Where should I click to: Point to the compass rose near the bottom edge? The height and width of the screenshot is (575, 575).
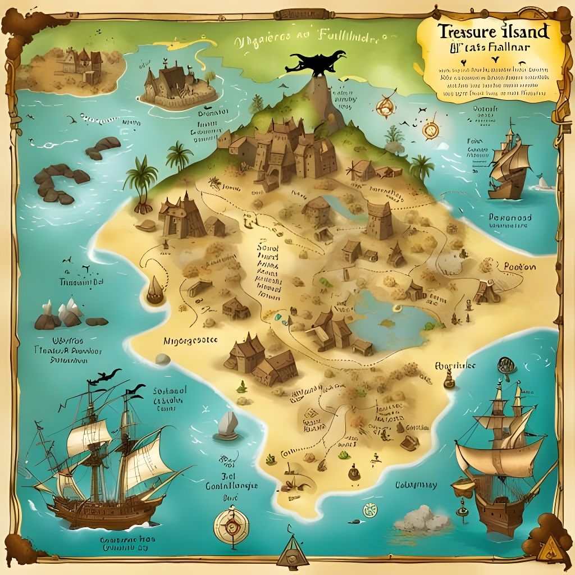click(x=230, y=526)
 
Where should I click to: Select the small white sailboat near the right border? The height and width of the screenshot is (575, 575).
click(x=541, y=182)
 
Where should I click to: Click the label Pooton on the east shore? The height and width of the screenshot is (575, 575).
click(x=519, y=267)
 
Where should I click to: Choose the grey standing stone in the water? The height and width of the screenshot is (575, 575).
click(x=228, y=424)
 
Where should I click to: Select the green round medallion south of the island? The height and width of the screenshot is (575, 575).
click(x=369, y=510)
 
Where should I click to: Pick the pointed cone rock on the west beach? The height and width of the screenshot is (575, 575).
click(x=154, y=290)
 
